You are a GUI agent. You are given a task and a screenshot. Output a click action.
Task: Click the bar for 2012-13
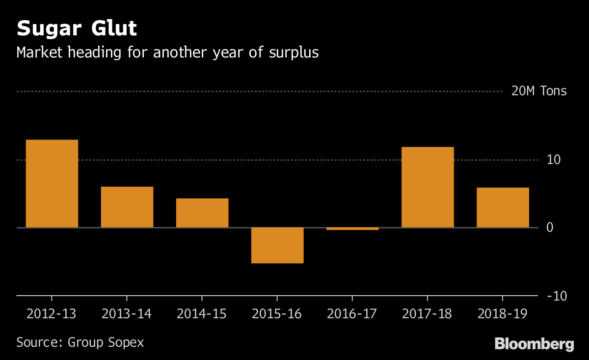[x=52, y=184]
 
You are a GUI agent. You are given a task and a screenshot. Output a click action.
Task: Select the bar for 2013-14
[x=127, y=207]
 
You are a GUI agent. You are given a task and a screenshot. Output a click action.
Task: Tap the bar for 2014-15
[x=202, y=213]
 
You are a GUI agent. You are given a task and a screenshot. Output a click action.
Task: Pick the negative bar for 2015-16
[x=277, y=245]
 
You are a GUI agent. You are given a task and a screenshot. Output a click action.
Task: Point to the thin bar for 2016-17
[x=352, y=228]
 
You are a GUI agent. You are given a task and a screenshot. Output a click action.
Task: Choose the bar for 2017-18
[x=428, y=187]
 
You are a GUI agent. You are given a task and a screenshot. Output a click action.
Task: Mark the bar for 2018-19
[x=503, y=207]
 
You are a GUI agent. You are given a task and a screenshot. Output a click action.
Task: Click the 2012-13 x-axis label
[x=52, y=314]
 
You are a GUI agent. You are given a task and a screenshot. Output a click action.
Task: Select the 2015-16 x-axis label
[x=277, y=314]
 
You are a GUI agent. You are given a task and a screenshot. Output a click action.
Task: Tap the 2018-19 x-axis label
[x=503, y=314]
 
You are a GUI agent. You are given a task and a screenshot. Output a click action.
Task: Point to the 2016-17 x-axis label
[x=352, y=314]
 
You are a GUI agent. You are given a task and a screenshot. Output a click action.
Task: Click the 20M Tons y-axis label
[x=538, y=91]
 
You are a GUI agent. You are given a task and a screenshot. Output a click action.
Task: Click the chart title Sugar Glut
[x=77, y=29]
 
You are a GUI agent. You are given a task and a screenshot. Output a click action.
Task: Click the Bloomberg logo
[x=534, y=344]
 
